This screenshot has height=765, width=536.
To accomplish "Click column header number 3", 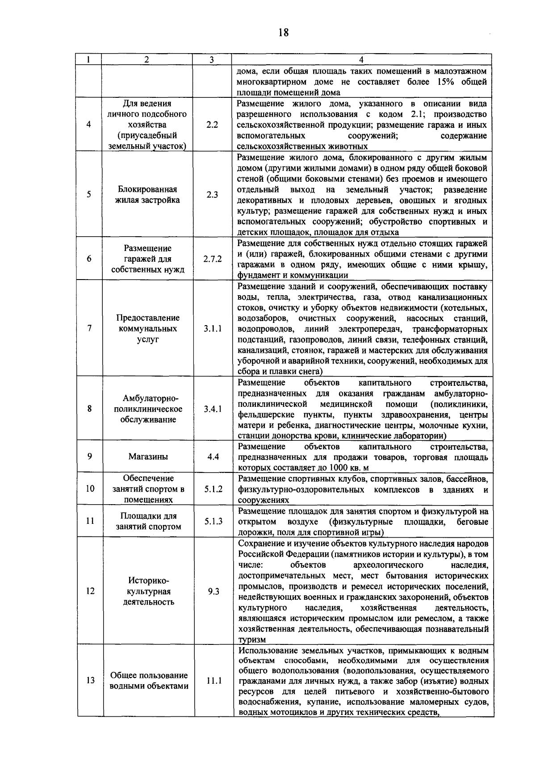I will [x=212, y=59].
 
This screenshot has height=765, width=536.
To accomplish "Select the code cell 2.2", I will [x=212, y=125].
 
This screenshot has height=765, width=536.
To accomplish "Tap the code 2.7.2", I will [x=213, y=259].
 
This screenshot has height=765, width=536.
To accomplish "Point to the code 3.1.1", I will [x=213, y=329].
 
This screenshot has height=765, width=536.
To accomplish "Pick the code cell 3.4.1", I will [x=213, y=409].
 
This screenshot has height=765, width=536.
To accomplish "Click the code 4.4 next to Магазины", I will [x=213, y=457].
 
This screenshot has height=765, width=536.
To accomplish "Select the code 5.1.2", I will [x=214, y=489].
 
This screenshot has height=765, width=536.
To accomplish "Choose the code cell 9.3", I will [x=214, y=591].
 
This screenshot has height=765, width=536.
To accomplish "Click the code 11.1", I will [x=214, y=681].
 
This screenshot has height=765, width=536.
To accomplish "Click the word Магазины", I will [x=148, y=457].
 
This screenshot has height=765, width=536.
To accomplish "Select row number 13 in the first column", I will [x=90, y=681].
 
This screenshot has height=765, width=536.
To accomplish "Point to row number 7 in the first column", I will [x=90, y=329].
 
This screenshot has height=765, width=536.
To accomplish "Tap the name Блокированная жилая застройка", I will [x=147, y=195].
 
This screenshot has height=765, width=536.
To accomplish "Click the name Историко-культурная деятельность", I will [x=149, y=591].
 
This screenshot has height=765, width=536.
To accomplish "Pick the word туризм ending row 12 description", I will [x=252, y=640].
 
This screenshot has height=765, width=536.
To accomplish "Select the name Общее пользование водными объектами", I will [x=149, y=681].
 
